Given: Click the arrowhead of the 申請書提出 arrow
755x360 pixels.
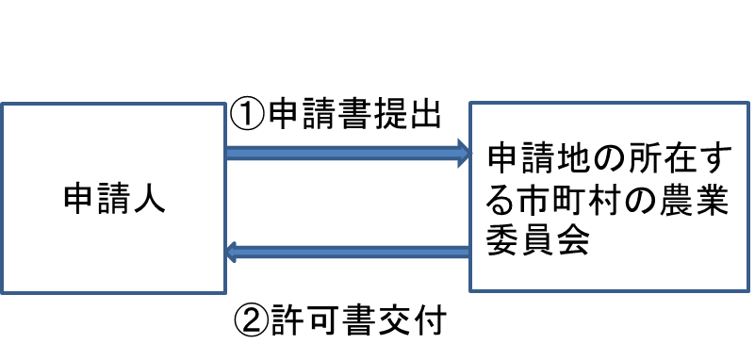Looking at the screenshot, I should (x=463, y=151).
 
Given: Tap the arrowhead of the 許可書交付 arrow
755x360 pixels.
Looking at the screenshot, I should (x=234, y=252).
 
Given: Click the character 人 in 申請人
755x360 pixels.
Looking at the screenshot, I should (x=148, y=198).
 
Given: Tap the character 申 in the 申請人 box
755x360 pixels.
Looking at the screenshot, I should (x=79, y=198).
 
